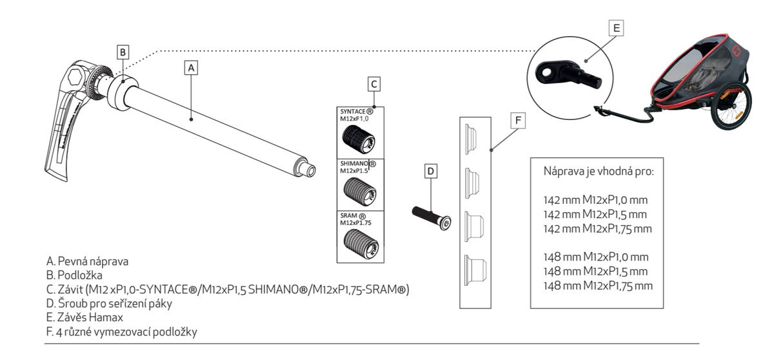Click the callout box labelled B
[124, 50]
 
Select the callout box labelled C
[373, 84]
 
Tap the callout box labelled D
[432, 171]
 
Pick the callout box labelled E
[617, 28]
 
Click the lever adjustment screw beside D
[431, 217]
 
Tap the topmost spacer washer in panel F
[471, 135]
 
